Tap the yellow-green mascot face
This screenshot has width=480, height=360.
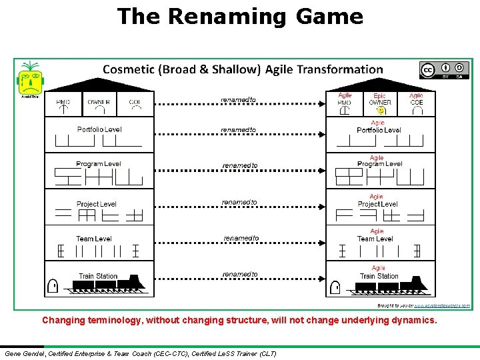point(29,80)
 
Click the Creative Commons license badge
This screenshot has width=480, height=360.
point(444,71)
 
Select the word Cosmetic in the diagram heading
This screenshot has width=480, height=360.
point(127,69)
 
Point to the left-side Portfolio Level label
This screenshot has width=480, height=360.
point(99,129)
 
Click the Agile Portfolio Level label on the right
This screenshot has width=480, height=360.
point(379,127)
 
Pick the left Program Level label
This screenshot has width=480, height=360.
point(98,164)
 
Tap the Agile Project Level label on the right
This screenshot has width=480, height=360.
point(377,201)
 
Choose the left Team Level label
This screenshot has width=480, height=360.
point(94,239)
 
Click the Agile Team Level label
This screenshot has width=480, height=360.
point(375,235)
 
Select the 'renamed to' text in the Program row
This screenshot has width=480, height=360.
point(239,165)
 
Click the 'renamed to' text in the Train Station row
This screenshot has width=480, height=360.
point(239,274)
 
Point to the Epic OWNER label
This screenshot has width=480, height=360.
point(380,99)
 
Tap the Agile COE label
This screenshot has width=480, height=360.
point(416,99)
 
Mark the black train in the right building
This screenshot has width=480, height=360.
point(391,285)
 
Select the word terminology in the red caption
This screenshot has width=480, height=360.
point(121,320)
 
